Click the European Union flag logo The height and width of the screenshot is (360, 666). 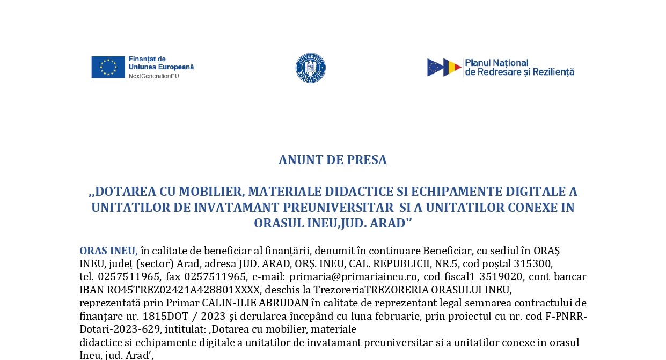(x=108, y=67)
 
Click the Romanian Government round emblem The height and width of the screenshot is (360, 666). (x=311, y=68)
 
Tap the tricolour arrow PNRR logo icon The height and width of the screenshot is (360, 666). (x=444, y=68)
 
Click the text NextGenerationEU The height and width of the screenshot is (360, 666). (x=153, y=76)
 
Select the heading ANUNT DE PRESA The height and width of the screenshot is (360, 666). (x=333, y=160)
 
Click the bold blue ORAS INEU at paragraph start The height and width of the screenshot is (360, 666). (x=108, y=251)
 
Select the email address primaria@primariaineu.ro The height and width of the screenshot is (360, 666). (x=353, y=277)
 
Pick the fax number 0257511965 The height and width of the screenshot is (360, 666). (x=215, y=277)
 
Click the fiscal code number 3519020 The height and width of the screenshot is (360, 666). (x=501, y=277)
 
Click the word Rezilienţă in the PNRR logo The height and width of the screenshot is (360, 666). (x=553, y=72)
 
